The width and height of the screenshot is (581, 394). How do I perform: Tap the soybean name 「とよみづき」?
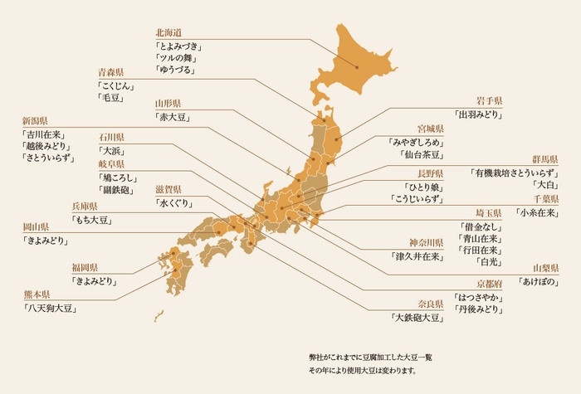pyautogui.click(x=179, y=46)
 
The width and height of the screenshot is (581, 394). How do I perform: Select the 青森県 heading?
pyautogui.click(x=111, y=72)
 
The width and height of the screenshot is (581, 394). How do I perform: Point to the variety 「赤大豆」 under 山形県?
pyautogui.click(x=172, y=118)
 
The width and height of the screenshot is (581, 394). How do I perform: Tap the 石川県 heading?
pyautogui.click(x=111, y=137)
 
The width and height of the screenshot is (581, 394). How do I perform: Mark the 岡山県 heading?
pyautogui.click(x=37, y=226)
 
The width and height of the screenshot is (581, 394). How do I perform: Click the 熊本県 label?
pyautogui.click(x=37, y=294)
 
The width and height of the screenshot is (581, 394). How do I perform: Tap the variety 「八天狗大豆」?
pyautogui.click(x=51, y=309)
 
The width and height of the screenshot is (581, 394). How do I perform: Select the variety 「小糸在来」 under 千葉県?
pyautogui.click(x=535, y=212)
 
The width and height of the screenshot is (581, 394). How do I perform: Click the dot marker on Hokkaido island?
pyautogui.click(x=357, y=66)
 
